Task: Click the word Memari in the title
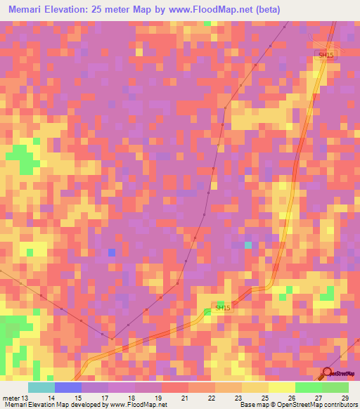pyautogui.click(x=29, y=9)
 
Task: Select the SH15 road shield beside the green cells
pyautogui.click(x=222, y=308)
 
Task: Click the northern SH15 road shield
pyautogui.click(x=325, y=56)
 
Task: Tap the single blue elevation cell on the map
pyautogui.click(x=111, y=252)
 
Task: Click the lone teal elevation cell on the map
pyautogui.click(x=247, y=245)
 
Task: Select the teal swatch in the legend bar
pyautogui.click(x=41, y=387)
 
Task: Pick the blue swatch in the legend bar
pyautogui.click(x=68, y=387)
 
